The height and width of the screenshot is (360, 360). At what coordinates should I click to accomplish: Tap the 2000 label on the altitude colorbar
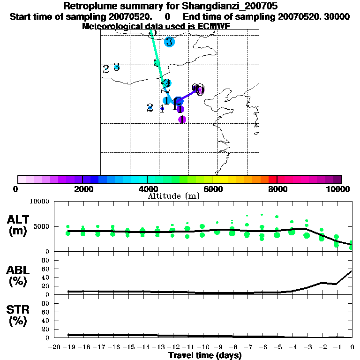(82, 189)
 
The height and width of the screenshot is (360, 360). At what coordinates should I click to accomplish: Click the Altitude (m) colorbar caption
(174, 196)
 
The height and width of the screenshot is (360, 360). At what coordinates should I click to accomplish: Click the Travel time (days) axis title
(205, 356)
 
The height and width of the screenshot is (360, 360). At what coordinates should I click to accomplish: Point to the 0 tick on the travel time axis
(352, 347)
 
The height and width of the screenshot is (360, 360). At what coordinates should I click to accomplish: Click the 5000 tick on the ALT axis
(43, 226)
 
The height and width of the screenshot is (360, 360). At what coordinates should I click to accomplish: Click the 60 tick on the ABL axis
(46, 269)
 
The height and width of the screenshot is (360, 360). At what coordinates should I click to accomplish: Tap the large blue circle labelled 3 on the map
(169, 42)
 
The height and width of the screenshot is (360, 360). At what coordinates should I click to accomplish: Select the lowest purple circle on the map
(182, 120)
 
